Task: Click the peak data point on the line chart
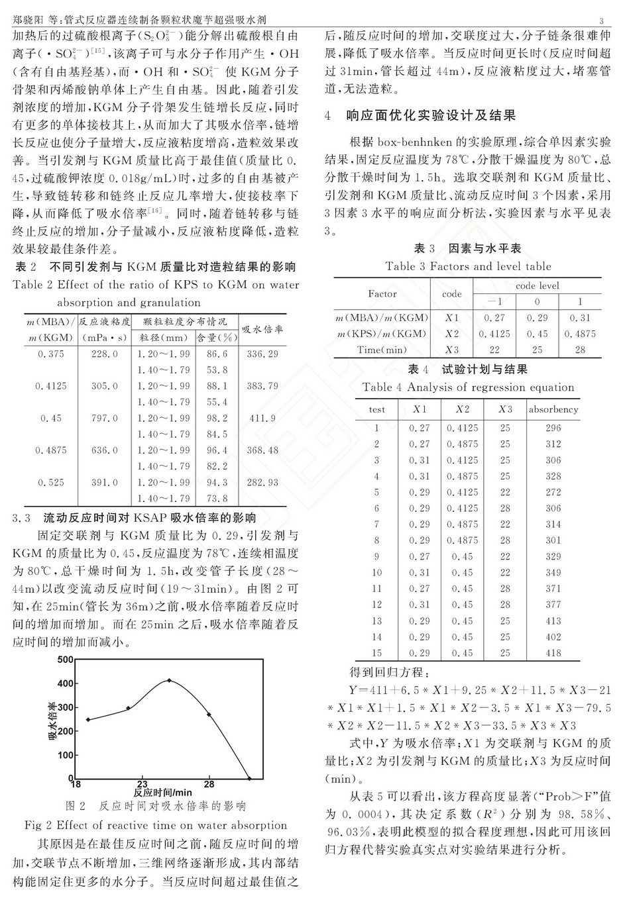[x=169, y=680]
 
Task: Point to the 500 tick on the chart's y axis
[x=65, y=660]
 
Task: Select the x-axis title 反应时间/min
[x=162, y=792]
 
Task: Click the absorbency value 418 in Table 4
[x=553, y=653]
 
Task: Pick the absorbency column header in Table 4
[x=553, y=409]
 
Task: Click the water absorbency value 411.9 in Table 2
[x=262, y=419]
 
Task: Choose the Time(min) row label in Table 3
[x=382, y=350]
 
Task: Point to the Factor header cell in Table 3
[x=382, y=293]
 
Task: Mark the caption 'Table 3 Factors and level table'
[x=468, y=266]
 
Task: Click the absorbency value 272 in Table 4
[x=553, y=492]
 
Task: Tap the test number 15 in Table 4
[x=376, y=653]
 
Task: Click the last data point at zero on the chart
[x=249, y=778]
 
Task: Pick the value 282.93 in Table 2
[x=262, y=483]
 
